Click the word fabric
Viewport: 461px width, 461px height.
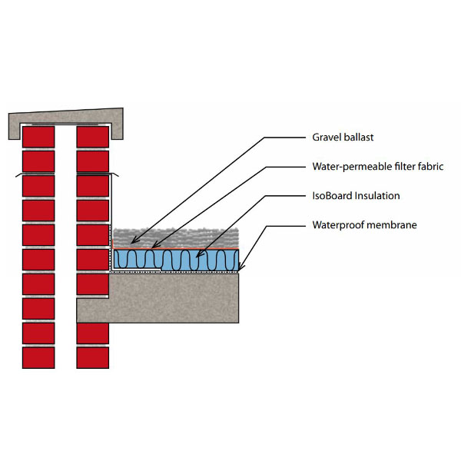[x=432, y=167]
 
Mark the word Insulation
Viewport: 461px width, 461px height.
[x=379, y=196]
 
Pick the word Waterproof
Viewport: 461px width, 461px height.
[x=339, y=225]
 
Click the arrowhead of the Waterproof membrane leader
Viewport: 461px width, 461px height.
[x=240, y=270]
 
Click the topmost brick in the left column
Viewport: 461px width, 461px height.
[x=38, y=137]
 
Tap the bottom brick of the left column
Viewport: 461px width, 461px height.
[x=38, y=357]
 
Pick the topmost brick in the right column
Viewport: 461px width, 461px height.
[x=92, y=137]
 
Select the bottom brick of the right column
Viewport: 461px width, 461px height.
[x=92, y=357]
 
